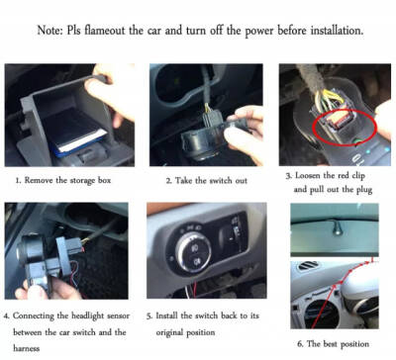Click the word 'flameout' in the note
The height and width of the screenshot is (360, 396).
point(105,30)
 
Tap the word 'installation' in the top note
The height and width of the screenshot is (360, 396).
point(337,30)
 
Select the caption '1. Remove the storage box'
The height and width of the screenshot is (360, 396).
point(63,180)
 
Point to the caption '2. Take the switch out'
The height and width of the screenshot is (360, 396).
point(207,180)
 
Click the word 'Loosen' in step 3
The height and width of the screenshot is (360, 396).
point(308,175)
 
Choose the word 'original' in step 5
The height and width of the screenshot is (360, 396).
point(169,332)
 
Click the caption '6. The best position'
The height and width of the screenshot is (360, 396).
point(333,344)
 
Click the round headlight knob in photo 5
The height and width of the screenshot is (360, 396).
point(193,252)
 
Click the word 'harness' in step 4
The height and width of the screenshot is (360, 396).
point(26,348)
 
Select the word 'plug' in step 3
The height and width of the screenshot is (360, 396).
point(364,190)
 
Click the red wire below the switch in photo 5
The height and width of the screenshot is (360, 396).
point(195,290)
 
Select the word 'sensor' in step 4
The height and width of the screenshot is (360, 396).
point(118,315)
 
